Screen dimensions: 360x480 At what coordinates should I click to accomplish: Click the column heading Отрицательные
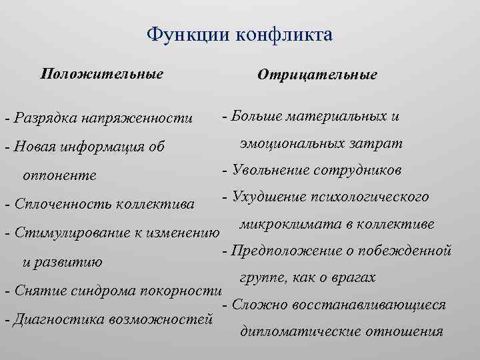coord(317,75)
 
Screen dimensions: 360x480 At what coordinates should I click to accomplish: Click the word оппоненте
coord(60,175)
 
